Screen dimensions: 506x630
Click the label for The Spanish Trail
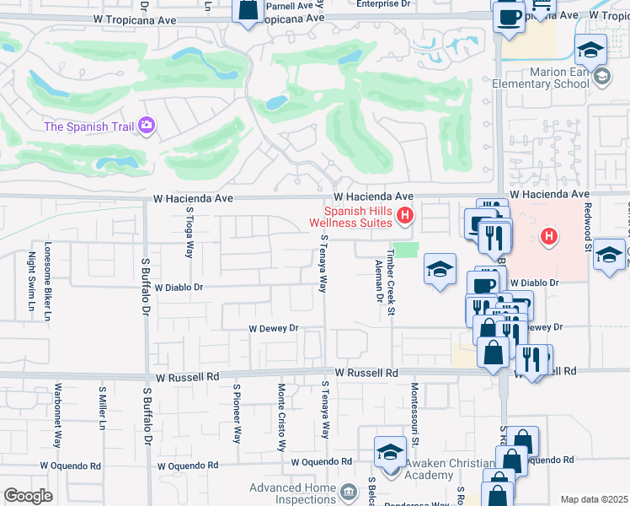[90, 126]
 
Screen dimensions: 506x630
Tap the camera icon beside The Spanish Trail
[147, 126]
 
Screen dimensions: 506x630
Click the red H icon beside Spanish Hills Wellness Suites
[405, 217]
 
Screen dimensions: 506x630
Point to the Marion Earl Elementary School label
[548, 78]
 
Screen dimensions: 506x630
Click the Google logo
[28, 496]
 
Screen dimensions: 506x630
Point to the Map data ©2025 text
[594, 499]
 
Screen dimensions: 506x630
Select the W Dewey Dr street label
[273, 328]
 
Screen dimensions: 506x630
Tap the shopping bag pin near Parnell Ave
[248, 12]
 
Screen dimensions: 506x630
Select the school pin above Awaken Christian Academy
[390, 452]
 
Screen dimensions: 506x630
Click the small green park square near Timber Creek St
[406, 250]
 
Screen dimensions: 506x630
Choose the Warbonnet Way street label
[58, 415]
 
